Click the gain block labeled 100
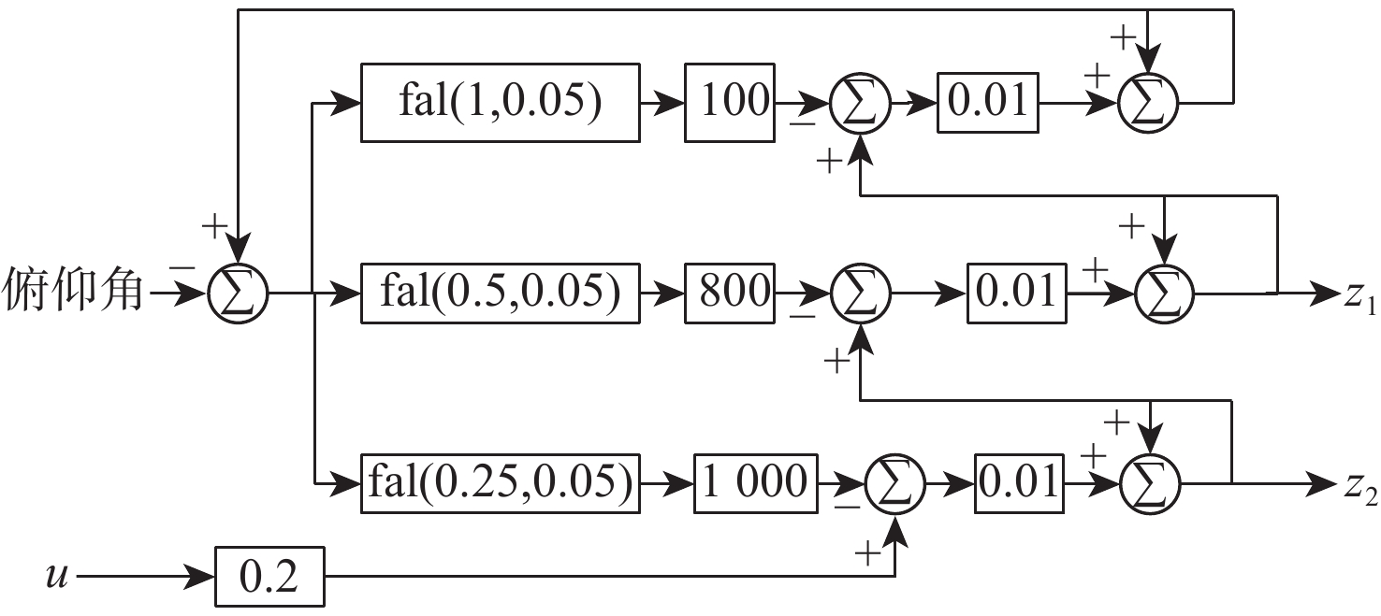[730, 102]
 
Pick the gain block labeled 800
[730, 294]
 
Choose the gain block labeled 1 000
[756, 483]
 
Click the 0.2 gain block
[269, 577]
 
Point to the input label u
[57, 576]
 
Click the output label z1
[1360, 297]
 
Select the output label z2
[1360, 490]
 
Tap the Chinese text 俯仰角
[73, 290]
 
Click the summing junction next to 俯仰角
[239, 294]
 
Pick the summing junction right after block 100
[860, 103]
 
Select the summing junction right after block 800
[861, 294]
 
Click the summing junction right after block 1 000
[895, 483]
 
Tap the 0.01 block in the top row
[988, 102]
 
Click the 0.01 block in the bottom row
[1019, 483]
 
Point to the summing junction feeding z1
[1164, 294]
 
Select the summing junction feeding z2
[1150, 483]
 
